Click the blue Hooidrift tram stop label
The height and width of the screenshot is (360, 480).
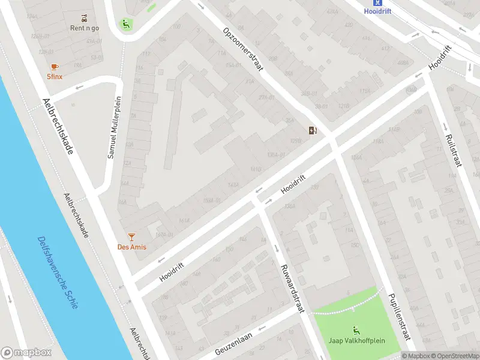377,11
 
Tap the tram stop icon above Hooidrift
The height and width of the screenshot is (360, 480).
377,2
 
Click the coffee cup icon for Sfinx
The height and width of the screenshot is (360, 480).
55,67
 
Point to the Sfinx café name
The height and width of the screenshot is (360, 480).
55,77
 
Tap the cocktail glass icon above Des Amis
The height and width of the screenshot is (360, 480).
132,238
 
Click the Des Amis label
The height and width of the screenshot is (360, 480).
132,247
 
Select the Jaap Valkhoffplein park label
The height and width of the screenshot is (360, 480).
356,340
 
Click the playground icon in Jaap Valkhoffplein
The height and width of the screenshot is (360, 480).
356,329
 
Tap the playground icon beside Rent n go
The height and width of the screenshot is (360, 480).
125,25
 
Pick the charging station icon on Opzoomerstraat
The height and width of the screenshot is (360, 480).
313,130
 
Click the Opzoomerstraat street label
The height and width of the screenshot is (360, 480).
243,50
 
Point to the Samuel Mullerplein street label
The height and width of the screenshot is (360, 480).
115,127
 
